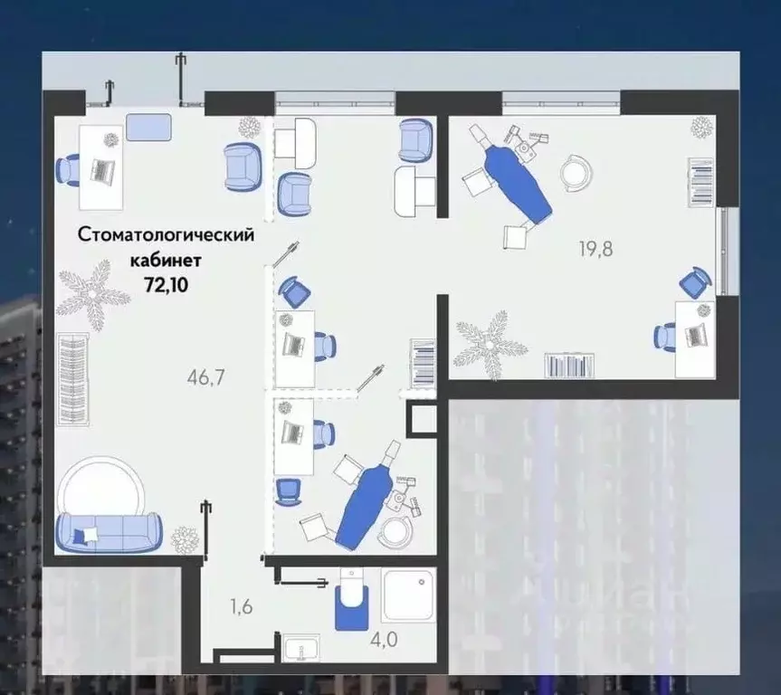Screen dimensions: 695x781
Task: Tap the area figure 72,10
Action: click(166, 281)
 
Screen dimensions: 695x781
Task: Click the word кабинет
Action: click(166, 259)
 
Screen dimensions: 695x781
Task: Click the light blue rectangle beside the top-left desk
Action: click(148, 127)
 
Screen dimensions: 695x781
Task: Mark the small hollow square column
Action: click(422, 418)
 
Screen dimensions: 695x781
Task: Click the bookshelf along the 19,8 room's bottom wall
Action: click(569, 366)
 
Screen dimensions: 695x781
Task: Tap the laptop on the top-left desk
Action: click(102, 169)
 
